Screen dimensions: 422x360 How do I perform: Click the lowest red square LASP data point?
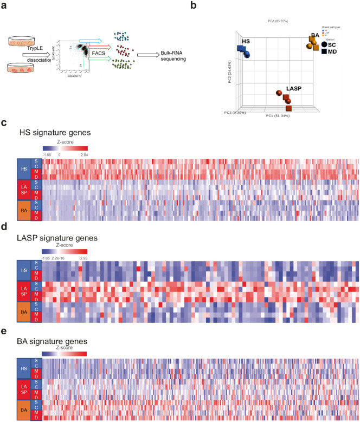click(288, 108)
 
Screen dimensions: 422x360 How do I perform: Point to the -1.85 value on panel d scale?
click(45, 257)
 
